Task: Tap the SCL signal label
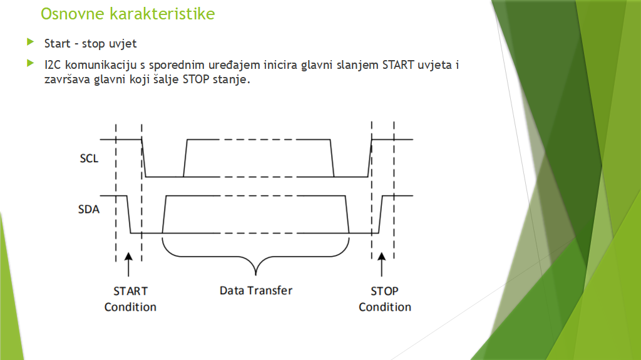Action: [89, 158]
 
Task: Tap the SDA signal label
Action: [89, 210]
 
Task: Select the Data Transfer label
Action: [256, 291]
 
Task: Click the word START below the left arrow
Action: [130, 291]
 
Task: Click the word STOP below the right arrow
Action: [384, 291]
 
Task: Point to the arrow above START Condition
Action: [128, 264]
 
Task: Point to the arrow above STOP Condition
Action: [381, 264]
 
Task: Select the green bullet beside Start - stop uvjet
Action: [30, 42]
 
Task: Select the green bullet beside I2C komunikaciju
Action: [30, 63]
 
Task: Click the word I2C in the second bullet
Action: [53, 65]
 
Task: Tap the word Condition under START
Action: [130, 307]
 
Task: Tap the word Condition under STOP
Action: [385, 307]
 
